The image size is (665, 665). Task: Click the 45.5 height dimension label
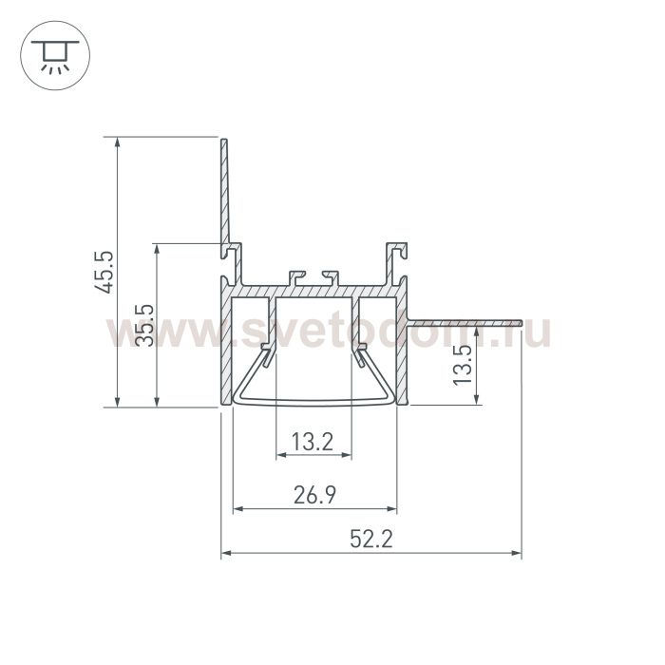coord(104,273)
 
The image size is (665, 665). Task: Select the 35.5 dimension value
coord(144,325)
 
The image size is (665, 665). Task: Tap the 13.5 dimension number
coord(463,365)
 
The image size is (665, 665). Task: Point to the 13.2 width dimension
coord(313,442)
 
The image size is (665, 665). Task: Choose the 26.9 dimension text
coord(314,495)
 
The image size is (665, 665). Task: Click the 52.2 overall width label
coord(371,540)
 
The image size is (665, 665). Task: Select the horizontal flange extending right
coord(464,323)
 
